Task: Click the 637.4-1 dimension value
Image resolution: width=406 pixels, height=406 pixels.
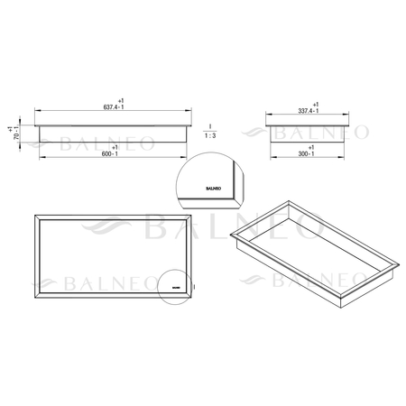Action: (115, 108)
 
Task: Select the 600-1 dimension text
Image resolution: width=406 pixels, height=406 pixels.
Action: (115, 153)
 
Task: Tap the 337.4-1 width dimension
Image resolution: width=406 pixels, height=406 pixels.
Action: (307, 110)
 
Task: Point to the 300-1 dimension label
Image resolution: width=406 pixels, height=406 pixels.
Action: (307, 154)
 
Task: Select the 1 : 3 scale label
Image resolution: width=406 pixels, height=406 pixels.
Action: (209, 135)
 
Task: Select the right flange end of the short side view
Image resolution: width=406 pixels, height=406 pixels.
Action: (346, 119)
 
